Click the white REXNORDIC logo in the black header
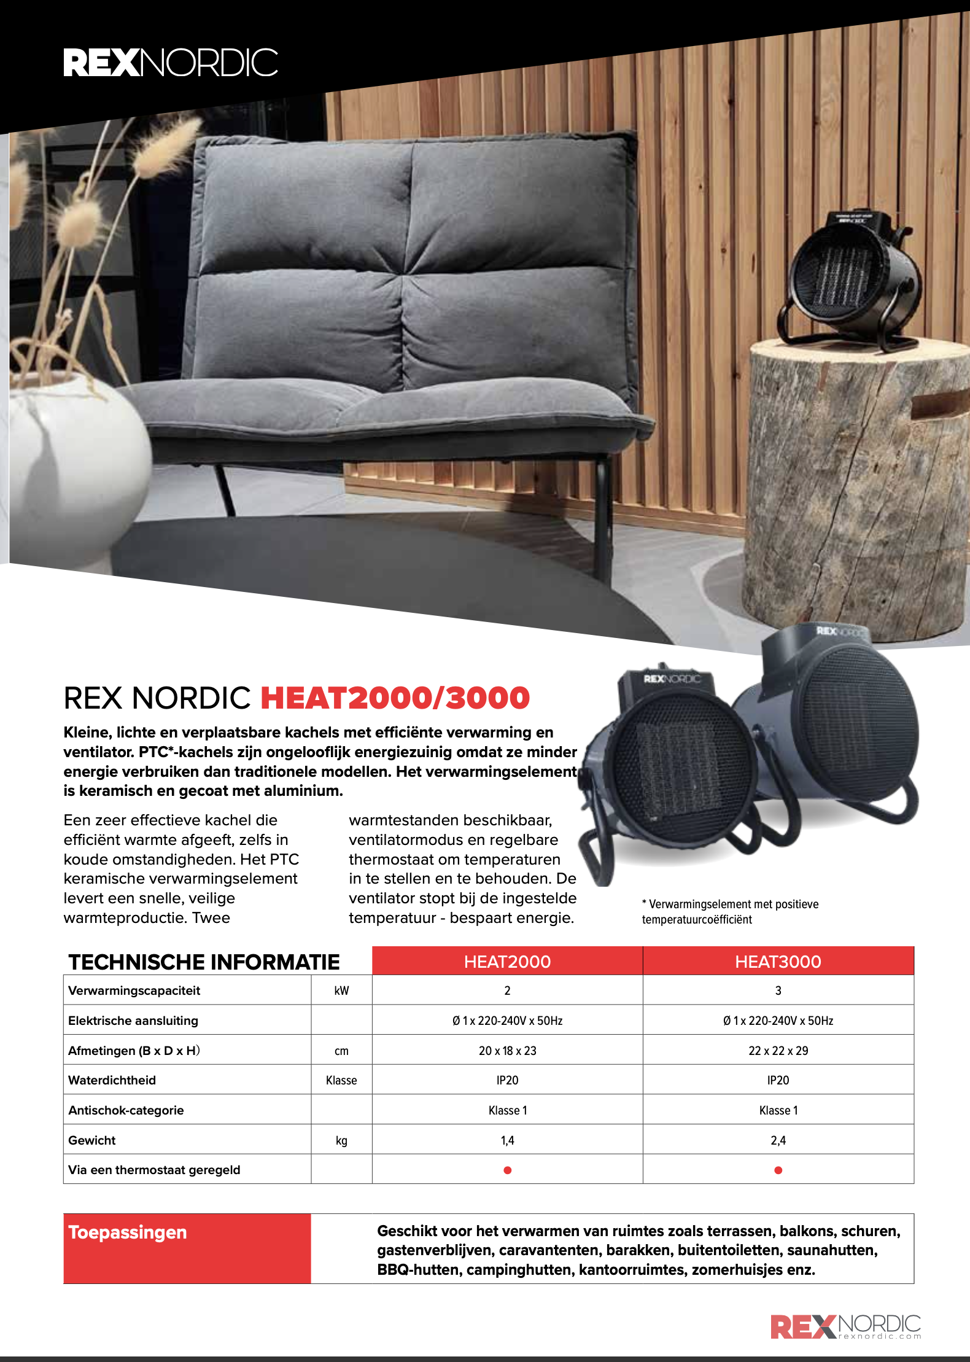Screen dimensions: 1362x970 tap(171, 63)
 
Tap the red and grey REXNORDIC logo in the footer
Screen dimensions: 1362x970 tap(845, 1326)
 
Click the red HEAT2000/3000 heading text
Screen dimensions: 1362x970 tap(395, 698)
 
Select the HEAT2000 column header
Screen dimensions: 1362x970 tap(507, 962)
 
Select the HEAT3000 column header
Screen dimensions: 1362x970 tap(778, 962)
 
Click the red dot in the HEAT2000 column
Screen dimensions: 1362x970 tap(507, 1170)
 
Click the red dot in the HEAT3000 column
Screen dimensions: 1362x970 tap(778, 1170)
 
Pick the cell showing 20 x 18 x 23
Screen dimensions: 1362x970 tap(507, 1051)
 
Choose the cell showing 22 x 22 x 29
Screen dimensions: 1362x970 tap(778, 1051)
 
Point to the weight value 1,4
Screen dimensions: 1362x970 tap(507, 1140)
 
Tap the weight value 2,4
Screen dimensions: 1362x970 tap(778, 1140)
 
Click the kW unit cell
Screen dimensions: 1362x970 tap(341, 990)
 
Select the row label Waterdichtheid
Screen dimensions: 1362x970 tap(112, 1080)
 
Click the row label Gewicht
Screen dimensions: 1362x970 tap(92, 1140)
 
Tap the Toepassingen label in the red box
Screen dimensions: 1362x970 tap(128, 1232)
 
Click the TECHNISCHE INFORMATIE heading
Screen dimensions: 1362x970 tap(204, 962)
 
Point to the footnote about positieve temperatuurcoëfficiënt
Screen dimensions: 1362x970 tap(730, 912)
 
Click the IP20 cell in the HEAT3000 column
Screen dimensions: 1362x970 tap(778, 1080)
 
